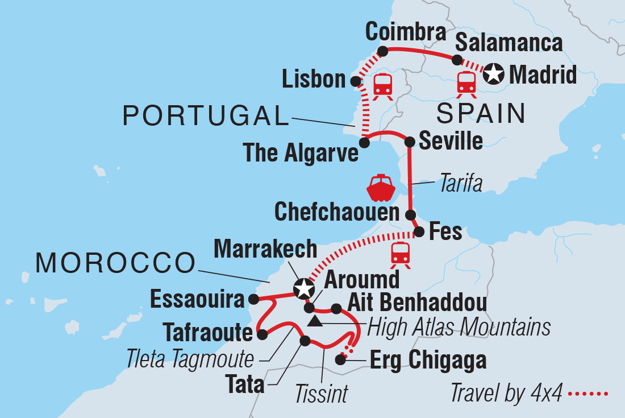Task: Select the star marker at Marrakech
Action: pyautogui.click(x=303, y=288)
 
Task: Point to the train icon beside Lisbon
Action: pyautogui.click(x=382, y=86)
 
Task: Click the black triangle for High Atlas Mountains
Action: pyautogui.click(x=314, y=323)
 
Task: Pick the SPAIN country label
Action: pyautogui.click(x=481, y=114)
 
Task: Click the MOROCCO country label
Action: pyautogui.click(x=115, y=263)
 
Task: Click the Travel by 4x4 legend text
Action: pyautogui.click(x=507, y=392)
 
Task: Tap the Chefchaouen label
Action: pyautogui.click(x=337, y=212)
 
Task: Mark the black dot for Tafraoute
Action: pyautogui.click(x=262, y=335)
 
